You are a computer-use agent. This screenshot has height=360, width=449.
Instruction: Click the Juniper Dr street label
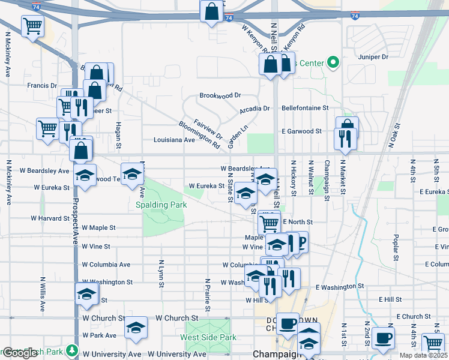pyautogui.click(x=373, y=57)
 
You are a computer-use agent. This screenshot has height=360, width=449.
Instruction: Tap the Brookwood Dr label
pyautogui.click(x=220, y=95)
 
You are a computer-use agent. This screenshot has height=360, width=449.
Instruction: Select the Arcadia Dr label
pyautogui.click(x=255, y=109)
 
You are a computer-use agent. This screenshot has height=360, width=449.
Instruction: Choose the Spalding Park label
pyautogui.click(x=160, y=205)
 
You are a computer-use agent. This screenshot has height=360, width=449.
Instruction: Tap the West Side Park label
pyautogui.click(x=208, y=338)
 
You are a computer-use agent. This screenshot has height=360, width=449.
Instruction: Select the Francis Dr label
pyautogui.click(x=42, y=86)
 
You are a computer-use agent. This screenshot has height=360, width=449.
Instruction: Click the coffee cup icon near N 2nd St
pyautogui.click(x=383, y=338)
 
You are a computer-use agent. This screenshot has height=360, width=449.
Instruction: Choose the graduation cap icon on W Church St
pyautogui.click(x=136, y=328)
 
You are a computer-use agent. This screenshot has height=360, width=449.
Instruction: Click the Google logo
pyautogui.click(x=20, y=353)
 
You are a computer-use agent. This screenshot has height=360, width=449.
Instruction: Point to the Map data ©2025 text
pyautogui.click(x=423, y=355)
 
